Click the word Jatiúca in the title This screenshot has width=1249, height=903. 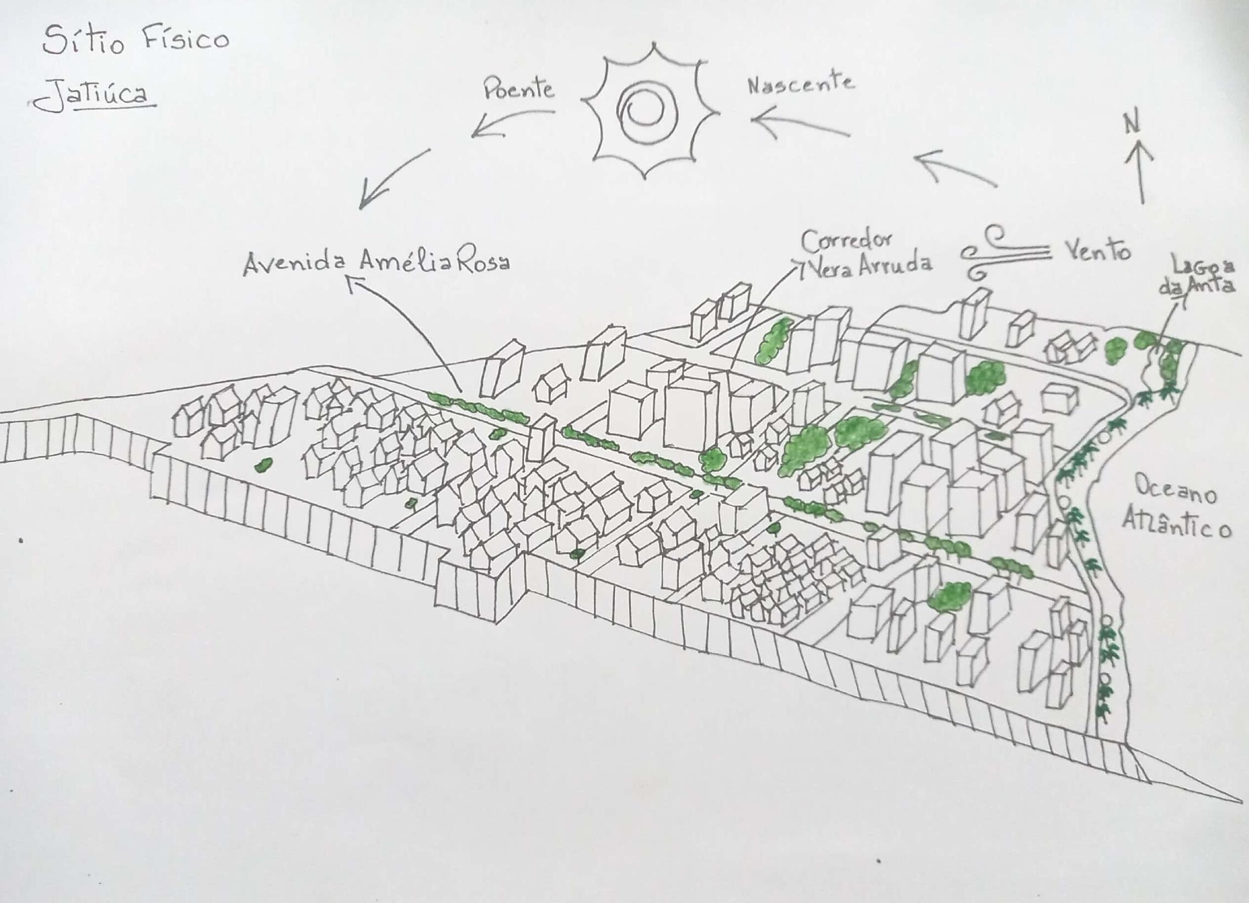point(94,95)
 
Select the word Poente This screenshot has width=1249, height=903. point(518,89)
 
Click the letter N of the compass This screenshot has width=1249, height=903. point(1132,124)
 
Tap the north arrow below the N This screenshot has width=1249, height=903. point(1139,171)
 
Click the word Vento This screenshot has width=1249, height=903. point(1098,250)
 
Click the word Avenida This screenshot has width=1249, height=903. point(295,263)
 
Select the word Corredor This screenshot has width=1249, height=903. point(846,241)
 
